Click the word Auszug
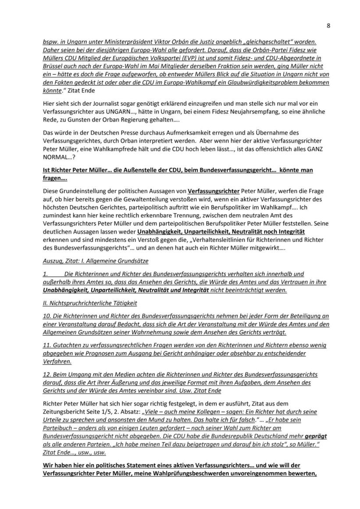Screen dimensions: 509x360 (52, 261)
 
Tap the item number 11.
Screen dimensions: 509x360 (46, 346)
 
